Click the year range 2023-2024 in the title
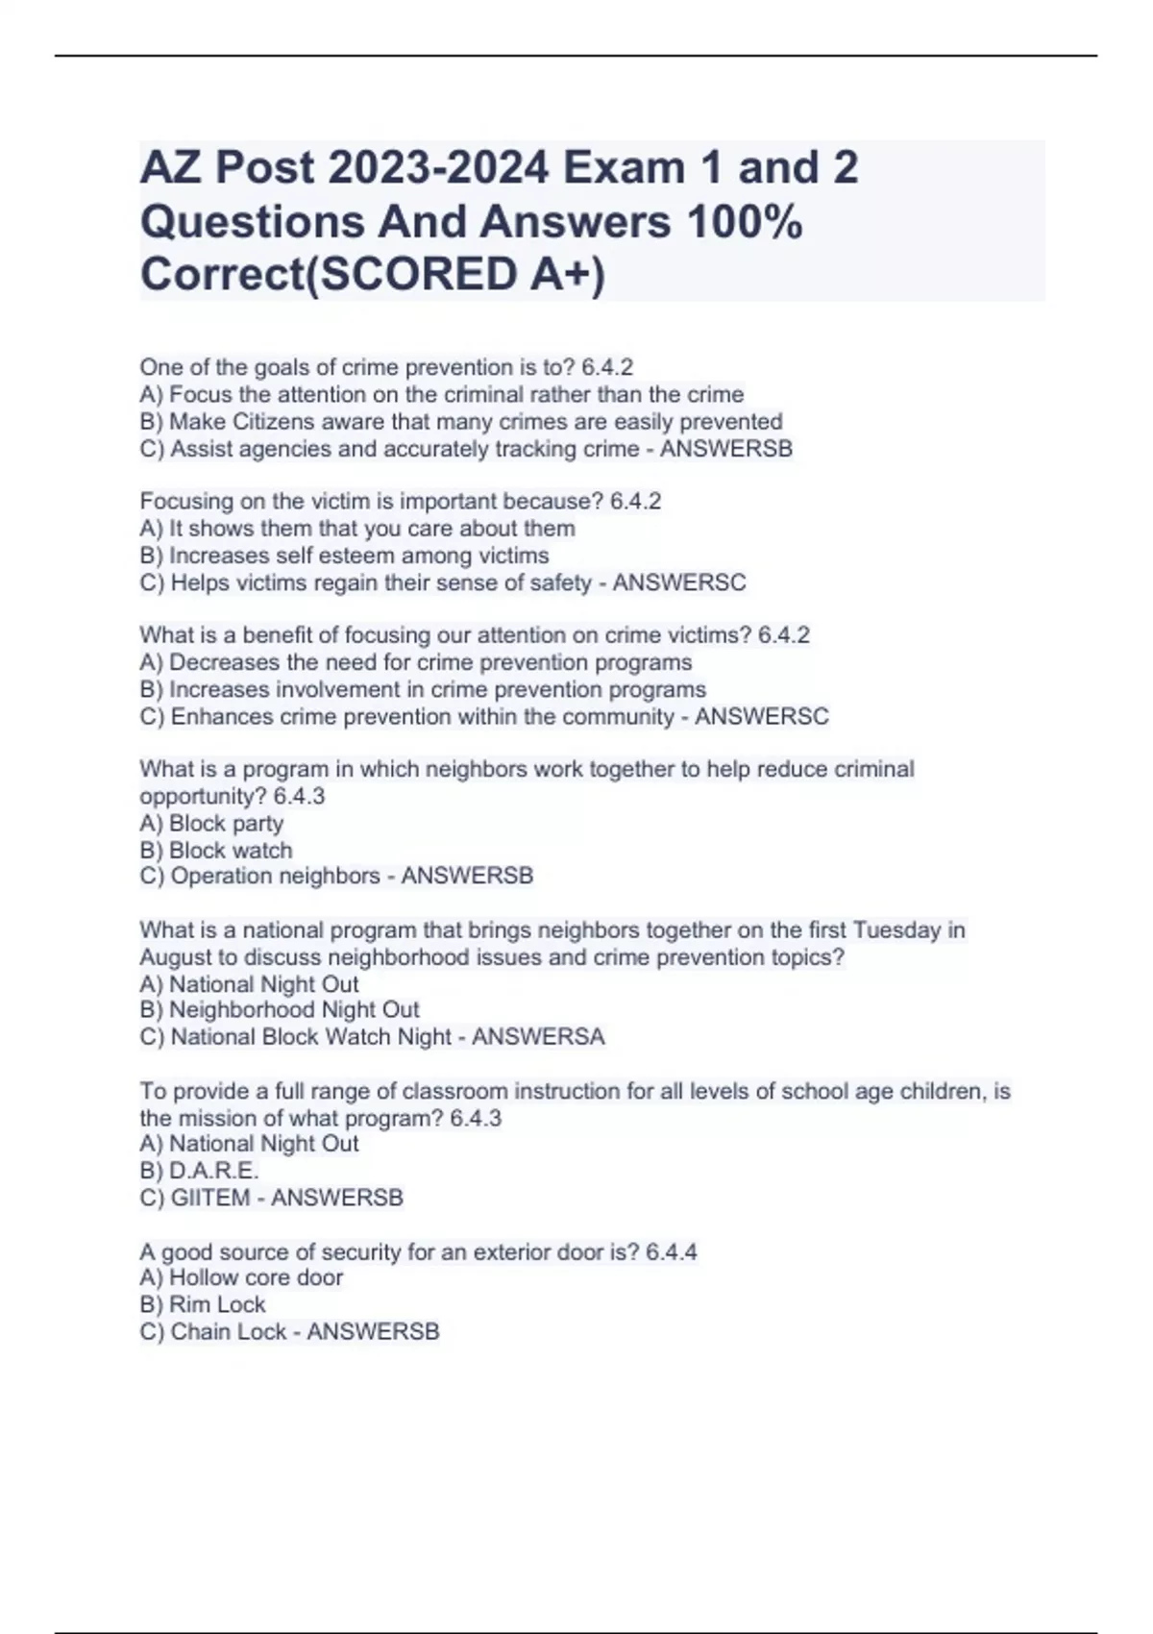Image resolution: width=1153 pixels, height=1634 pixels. (x=438, y=168)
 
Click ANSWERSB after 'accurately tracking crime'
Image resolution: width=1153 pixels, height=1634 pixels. (x=725, y=449)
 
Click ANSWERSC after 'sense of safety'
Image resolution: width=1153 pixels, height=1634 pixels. (x=679, y=582)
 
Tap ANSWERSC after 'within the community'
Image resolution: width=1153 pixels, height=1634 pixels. (x=761, y=716)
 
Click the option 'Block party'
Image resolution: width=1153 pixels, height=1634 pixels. (x=225, y=824)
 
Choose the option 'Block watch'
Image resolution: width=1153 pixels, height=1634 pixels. (x=230, y=851)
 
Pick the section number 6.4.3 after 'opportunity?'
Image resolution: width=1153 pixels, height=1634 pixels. (x=299, y=797)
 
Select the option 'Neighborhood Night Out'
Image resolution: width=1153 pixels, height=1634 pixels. (x=293, y=1010)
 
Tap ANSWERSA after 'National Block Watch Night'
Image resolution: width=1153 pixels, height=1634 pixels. (x=538, y=1037)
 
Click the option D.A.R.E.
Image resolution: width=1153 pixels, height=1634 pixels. (x=213, y=1171)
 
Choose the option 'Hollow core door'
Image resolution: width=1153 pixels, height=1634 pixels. (x=255, y=1277)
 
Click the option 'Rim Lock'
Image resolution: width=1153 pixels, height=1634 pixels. (x=216, y=1304)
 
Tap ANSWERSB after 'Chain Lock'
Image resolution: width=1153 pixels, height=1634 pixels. (x=373, y=1331)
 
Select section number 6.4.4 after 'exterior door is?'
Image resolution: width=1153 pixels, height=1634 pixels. (x=671, y=1251)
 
